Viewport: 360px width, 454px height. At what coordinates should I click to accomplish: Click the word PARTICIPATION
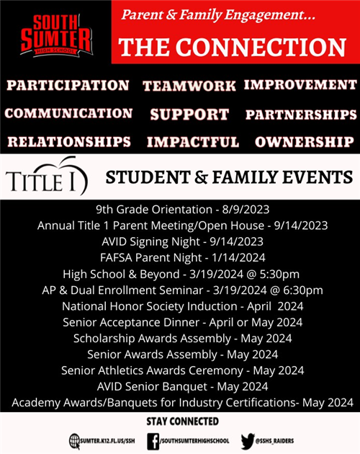pos(68,85)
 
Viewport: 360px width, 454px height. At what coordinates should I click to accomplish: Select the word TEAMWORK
pos(189,86)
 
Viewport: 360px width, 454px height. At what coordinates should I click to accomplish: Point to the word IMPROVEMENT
pos(300,84)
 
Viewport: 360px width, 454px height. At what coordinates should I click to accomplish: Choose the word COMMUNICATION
pos(68,113)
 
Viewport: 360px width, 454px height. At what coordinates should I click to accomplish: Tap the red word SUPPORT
pos(189,115)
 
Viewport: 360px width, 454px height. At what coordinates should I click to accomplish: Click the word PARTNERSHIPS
pos(301,115)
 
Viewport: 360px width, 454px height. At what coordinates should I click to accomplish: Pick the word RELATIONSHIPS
pos(69,141)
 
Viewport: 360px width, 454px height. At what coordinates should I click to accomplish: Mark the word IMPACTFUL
pos(192,142)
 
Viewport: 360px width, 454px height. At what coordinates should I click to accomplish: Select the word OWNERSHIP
pos(305,141)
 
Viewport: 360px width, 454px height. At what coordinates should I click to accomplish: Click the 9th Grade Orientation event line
pos(182,209)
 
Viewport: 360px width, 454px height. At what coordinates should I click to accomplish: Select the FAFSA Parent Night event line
pos(182,257)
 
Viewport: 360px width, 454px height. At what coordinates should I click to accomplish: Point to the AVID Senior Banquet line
pos(182,386)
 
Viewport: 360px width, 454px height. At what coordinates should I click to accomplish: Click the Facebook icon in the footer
pos(153,440)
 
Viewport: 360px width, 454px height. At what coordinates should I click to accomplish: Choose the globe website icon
pos(75,440)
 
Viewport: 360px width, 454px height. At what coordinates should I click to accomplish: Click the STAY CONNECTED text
pos(182,421)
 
